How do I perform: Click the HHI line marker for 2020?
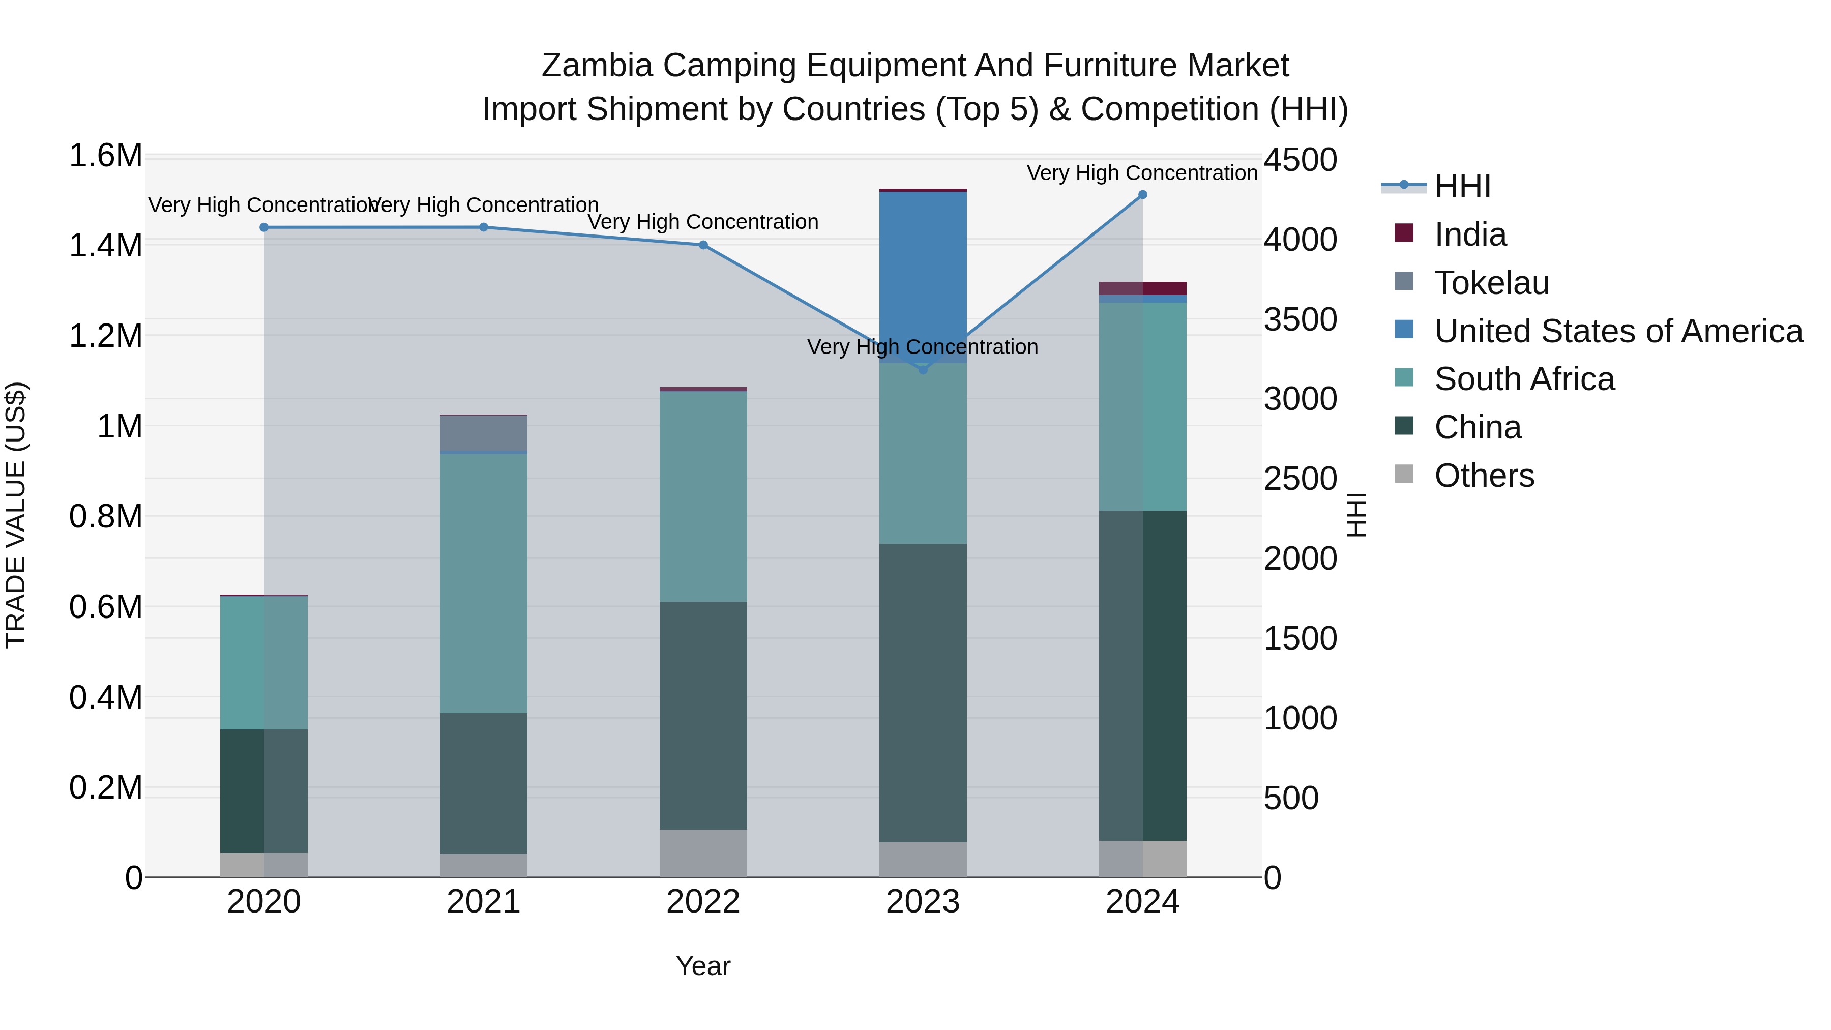click(263, 227)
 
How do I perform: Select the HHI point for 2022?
click(703, 245)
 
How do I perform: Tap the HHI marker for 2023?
click(923, 370)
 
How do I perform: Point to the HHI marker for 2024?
click(1142, 195)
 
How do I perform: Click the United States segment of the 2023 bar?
click(923, 277)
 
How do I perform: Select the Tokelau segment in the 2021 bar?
click(483, 433)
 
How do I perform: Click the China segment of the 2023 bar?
click(923, 693)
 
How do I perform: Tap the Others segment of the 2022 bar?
click(703, 853)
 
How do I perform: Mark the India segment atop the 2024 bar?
click(1142, 288)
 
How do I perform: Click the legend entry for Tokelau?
click(1491, 283)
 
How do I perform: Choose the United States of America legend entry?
click(1618, 331)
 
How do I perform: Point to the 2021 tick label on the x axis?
click(483, 902)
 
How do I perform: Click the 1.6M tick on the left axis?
click(105, 156)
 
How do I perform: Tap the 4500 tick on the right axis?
click(1300, 160)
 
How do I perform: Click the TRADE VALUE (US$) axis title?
click(16, 515)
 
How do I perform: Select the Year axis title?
click(703, 966)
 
